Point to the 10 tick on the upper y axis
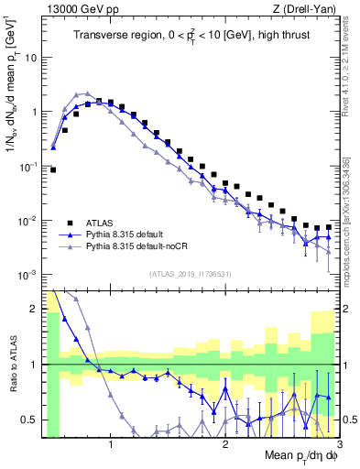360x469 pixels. point(31,57)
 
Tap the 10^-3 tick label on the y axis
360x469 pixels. point(27,276)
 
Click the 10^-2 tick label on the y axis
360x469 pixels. point(27,221)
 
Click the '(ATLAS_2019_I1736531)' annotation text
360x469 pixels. point(189,273)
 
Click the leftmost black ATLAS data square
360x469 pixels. point(53,169)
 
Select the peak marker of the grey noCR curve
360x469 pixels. point(87,93)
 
